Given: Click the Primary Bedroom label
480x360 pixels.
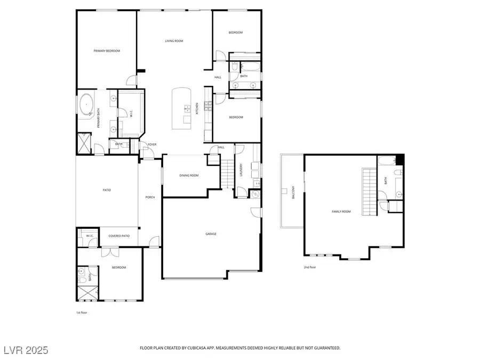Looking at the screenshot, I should [x=107, y=51].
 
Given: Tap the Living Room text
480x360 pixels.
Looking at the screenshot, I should [x=174, y=41].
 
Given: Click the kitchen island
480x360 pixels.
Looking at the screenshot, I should [x=181, y=108].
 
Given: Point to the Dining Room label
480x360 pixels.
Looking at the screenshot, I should [x=189, y=175].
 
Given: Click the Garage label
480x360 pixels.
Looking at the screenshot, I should [x=211, y=234].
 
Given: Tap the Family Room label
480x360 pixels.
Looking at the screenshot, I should [x=341, y=212].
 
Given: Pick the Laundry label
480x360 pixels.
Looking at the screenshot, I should [x=242, y=170].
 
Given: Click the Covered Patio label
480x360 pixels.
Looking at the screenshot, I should [x=117, y=235].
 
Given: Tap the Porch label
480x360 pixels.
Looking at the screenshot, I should [x=150, y=197].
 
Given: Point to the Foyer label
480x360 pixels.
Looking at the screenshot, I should [x=152, y=145].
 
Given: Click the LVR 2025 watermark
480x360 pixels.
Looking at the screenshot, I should [x=25, y=350].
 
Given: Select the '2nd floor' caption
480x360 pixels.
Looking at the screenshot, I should [x=310, y=267].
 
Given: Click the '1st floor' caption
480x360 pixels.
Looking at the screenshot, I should [x=82, y=313].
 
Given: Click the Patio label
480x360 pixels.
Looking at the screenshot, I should [x=107, y=190].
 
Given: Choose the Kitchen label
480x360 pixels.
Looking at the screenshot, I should [x=197, y=108].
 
